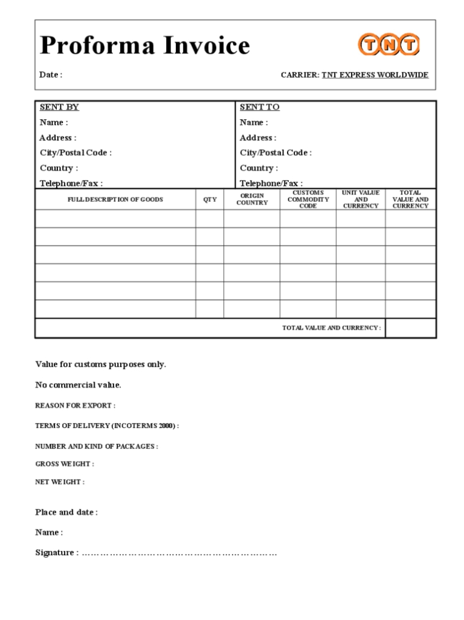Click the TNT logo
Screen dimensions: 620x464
[x=389, y=45]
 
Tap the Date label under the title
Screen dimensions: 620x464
[x=51, y=75]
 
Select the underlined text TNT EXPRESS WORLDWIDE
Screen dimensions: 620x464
[x=375, y=75]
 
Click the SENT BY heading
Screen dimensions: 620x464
[x=59, y=107]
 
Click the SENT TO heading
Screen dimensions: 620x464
[x=259, y=107]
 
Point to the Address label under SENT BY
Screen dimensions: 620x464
[x=58, y=138]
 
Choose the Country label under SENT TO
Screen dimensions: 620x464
[x=259, y=168]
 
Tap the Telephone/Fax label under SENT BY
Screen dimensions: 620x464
[x=71, y=183]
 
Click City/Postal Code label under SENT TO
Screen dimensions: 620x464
[x=275, y=153]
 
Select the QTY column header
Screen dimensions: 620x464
[x=209, y=199]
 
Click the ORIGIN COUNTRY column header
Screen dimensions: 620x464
[x=252, y=199]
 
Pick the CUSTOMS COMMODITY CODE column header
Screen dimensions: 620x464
[x=308, y=199]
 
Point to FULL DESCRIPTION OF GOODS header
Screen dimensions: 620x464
[x=115, y=199]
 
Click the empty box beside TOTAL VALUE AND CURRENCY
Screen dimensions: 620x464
[x=410, y=328]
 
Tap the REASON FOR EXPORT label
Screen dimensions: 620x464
[x=75, y=405]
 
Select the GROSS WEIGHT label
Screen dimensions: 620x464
[x=65, y=464]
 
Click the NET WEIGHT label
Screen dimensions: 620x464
[x=60, y=482]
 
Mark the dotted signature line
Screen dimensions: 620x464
[x=179, y=553]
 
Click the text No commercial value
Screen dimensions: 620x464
[x=78, y=385]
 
